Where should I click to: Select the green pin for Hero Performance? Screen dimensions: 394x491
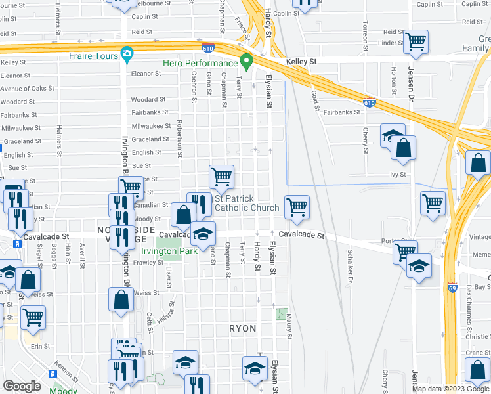(x=246, y=62)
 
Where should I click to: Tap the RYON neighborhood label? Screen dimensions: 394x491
(x=242, y=328)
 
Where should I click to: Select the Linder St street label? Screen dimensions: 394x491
(x=390, y=43)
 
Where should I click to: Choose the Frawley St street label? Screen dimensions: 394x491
(x=148, y=263)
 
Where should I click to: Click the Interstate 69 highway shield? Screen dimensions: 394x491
(x=452, y=288)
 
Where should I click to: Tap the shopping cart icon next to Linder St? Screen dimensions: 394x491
(x=416, y=42)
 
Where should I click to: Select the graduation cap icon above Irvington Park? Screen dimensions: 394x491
(x=203, y=233)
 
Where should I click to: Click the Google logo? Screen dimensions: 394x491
(x=22, y=386)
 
